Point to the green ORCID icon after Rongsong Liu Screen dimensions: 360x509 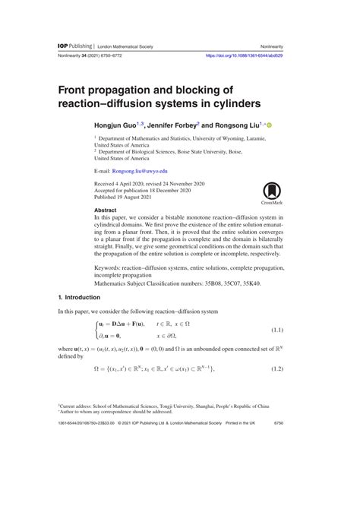268,122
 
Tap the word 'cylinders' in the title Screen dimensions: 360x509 230,102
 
